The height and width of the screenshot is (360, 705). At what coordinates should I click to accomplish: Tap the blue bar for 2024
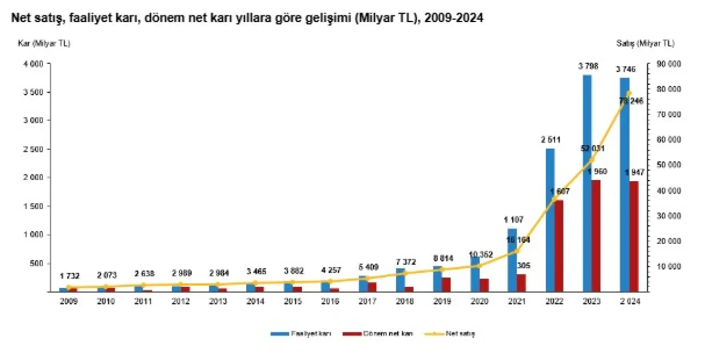pyautogui.click(x=624, y=184)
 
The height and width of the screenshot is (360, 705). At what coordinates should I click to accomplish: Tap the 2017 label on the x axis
pyautogui.click(x=367, y=302)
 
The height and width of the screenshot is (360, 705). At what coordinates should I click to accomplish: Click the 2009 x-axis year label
pyautogui.click(x=69, y=302)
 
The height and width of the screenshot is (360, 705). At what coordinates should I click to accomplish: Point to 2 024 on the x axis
pyautogui.click(x=628, y=302)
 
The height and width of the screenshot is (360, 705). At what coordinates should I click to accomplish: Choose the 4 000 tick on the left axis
pyautogui.click(x=33, y=64)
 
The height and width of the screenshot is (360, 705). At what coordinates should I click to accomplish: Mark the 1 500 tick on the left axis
pyautogui.click(x=33, y=206)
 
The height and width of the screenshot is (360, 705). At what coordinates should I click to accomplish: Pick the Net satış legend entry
pyautogui.click(x=459, y=334)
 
